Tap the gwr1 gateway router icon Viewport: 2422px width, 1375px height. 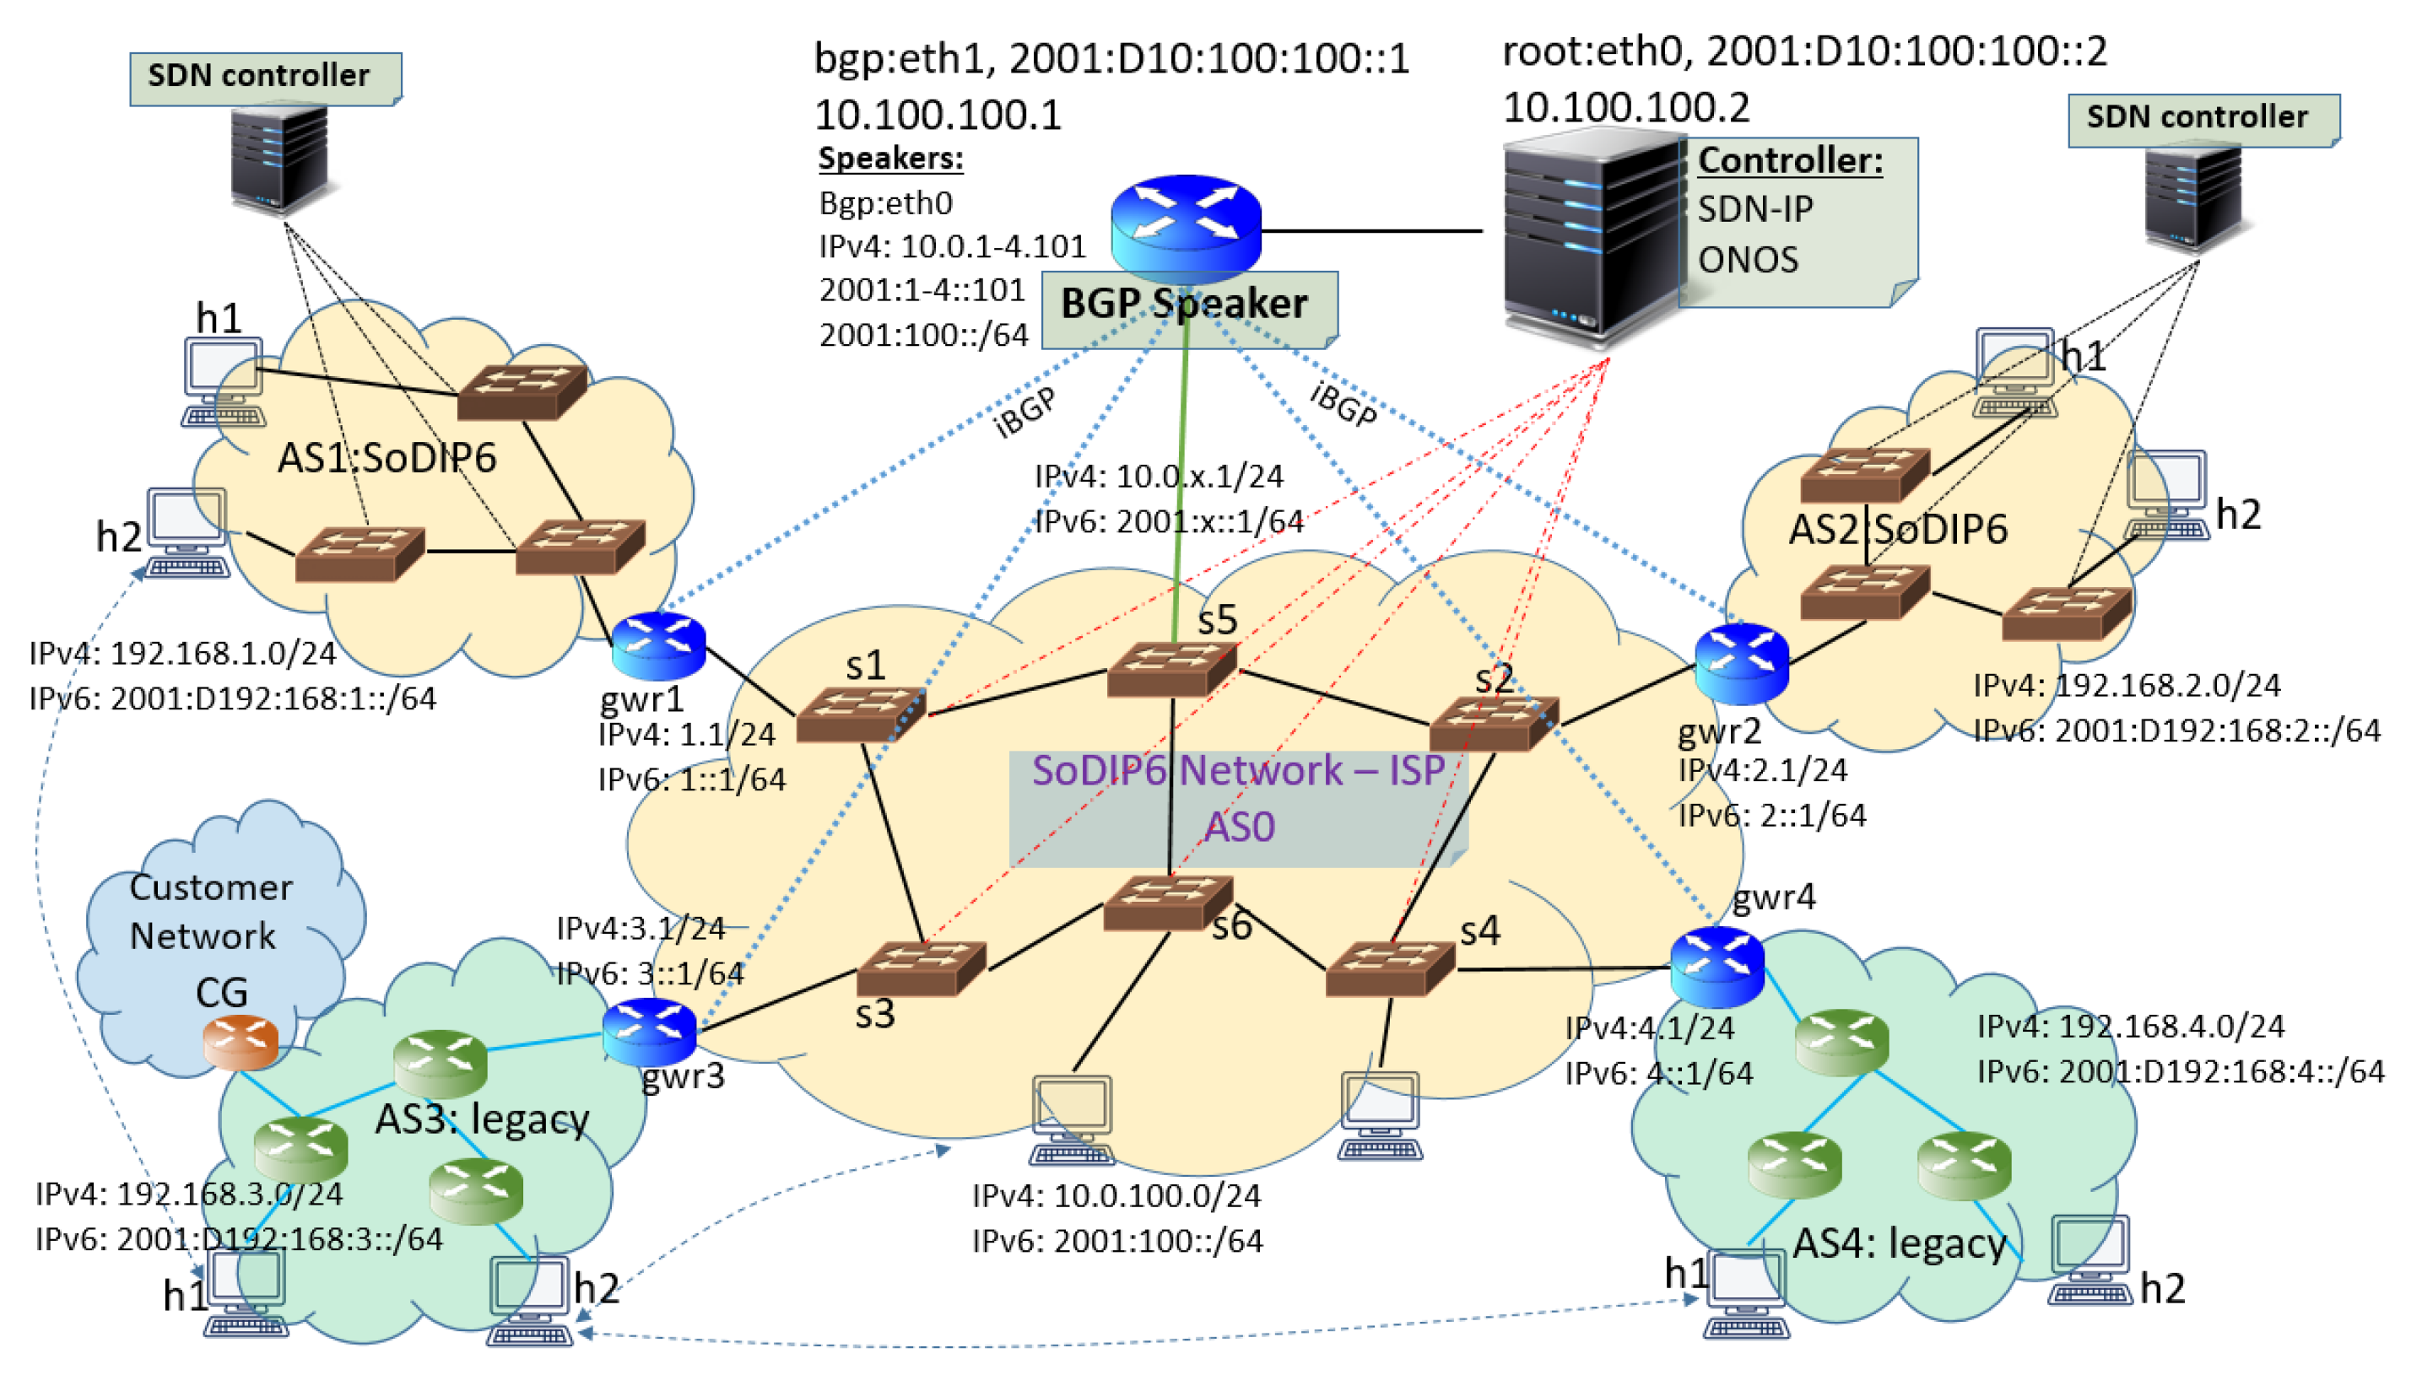(x=658, y=645)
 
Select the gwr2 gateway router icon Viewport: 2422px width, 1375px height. (x=1740, y=663)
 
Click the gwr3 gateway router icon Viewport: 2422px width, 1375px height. (x=649, y=1031)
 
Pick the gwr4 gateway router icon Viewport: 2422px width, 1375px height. (x=1716, y=965)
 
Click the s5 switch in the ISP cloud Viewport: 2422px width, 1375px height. (x=1170, y=669)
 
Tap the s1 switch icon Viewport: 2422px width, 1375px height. (x=860, y=714)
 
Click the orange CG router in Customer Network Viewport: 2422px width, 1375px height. (x=240, y=1041)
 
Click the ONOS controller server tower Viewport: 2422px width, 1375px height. (x=1591, y=236)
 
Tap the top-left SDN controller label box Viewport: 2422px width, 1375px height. (x=264, y=78)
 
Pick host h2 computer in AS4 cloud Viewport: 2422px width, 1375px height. (x=2090, y=1259)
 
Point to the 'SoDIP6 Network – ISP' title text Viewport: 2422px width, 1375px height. (x=1237, y=771)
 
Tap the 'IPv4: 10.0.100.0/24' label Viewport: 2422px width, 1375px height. (x=1116, y=1195)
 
